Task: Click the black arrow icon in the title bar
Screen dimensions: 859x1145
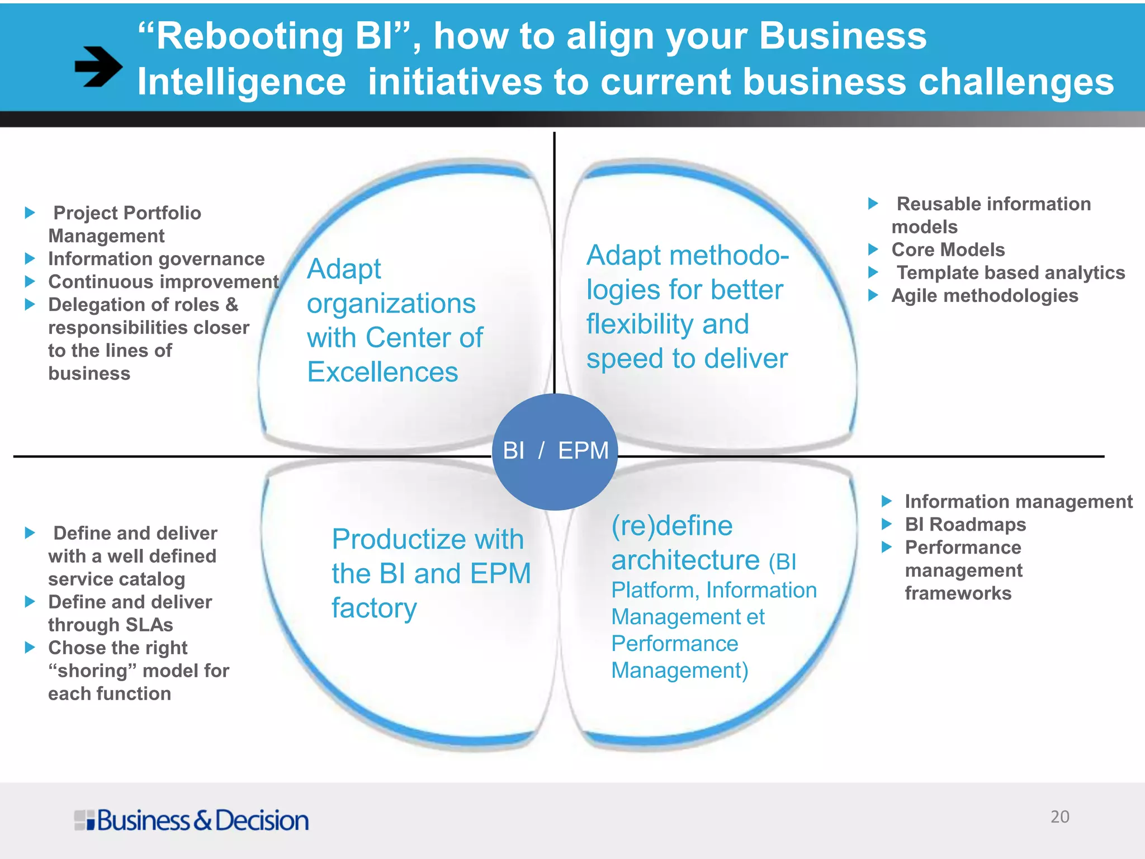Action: pyautogui.click(x=98, y=67)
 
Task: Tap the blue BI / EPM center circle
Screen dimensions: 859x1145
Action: pyautogui.click(x=555, y=451)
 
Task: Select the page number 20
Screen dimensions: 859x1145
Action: pyautogui.click(x=1059, y=816)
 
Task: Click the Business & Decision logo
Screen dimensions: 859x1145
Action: pyautogui.click(x=191, y=820)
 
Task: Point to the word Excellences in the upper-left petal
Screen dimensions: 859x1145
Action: pyautogui.click(x=382, y=372)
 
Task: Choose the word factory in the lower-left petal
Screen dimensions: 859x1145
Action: pyautogui.click(x=374, y=608)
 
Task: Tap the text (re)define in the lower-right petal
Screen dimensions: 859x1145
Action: pyautogui.click(x=671, y=526)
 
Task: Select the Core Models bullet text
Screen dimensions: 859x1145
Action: pyautogui.click(x=948, y=249)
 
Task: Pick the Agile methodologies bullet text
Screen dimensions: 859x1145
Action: pyautogui.click(x=985, y=295)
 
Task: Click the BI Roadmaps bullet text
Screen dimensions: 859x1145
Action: pyautogui.click(x=965, y=525)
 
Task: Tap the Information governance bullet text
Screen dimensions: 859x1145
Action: pyautogui.click(x=156, y=259)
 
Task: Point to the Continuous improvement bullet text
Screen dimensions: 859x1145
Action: pyautogui.click(x=163, y=282)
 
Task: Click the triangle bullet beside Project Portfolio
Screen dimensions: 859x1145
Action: pyautogui.click(x=30, y=213)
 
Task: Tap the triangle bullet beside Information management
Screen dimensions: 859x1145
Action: pyautogui.click(x=886, y=501)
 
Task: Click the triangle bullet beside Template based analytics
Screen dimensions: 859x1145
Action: pyautogui.click(x=873, y=272)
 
